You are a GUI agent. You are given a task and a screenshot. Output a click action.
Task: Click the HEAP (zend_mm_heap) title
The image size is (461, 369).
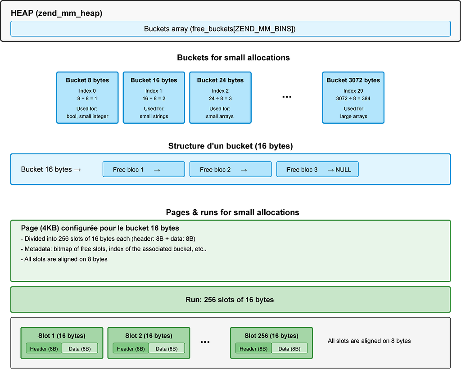[56, 13]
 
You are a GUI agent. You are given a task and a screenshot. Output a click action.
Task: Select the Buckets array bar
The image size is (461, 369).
[230, 29]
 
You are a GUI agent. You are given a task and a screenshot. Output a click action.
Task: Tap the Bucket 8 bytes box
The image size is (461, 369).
[87, 98]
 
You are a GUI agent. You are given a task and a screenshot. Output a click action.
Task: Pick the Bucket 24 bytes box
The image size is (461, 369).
[220, 98]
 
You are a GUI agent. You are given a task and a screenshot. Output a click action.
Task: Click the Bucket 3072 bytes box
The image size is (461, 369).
[353, 98]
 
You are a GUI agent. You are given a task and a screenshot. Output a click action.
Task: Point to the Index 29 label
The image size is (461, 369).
[353, 91]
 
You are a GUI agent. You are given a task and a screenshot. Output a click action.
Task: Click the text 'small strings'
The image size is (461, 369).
[154, 117]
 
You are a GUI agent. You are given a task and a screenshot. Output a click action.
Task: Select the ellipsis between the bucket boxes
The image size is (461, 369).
[287, 97]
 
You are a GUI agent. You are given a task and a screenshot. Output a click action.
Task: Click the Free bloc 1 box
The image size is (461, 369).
[144, 169]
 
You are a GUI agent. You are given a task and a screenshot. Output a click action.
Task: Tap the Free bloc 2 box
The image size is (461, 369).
[230, 169]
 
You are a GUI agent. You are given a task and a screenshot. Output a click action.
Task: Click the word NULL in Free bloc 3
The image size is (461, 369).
[343, 170]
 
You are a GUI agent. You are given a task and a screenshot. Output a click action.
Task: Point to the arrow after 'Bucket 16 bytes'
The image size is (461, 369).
[77, 170]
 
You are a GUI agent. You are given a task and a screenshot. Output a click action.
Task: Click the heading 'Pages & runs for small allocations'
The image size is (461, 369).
[233, 212]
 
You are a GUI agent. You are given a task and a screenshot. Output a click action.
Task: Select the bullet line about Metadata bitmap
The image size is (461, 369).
[113, 249]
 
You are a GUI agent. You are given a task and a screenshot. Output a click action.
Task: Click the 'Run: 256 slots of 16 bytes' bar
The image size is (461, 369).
[230, 300]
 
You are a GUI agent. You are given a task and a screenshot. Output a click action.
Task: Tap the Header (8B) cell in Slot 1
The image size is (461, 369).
[44, 348]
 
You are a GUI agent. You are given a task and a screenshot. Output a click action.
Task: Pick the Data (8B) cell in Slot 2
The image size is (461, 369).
[167, 348]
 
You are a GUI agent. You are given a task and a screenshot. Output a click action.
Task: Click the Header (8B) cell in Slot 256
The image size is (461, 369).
[253, 348]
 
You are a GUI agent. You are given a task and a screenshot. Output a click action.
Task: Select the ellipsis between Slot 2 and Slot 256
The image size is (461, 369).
[205, 342]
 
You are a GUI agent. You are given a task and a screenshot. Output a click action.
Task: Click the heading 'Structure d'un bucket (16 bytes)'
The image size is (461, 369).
[230, 146]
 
